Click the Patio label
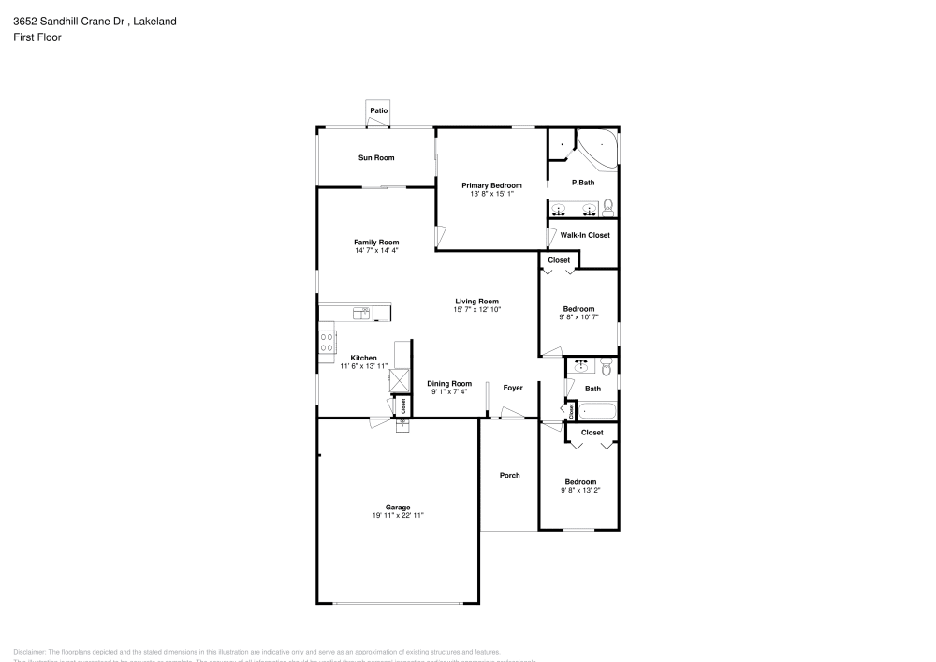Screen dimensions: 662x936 click(378, 111)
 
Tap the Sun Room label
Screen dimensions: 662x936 click(376, 157)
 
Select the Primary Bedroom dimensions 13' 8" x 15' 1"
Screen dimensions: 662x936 click(491, 195)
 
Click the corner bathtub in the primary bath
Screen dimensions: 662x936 click(596, 149)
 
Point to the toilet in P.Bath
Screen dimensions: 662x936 click(607, 206)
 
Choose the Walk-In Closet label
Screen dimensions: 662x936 click(584, 235)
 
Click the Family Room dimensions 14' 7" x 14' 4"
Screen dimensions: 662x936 click(376, 251)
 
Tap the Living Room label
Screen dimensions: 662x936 click(476, 301)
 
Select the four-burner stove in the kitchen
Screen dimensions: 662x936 click(328, 342)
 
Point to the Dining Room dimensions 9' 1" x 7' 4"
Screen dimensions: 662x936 click(449, 392)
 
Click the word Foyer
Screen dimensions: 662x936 click(512, 388)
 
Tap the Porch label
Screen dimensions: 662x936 click(509, 476)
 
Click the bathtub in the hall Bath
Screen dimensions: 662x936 click(596, 410)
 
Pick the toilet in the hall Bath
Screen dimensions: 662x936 click(606, 368)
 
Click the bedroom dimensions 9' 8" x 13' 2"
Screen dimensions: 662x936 click(578, 490)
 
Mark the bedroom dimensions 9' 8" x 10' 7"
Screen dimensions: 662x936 click(578, 317)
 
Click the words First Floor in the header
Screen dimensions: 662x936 click(37, 37)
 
